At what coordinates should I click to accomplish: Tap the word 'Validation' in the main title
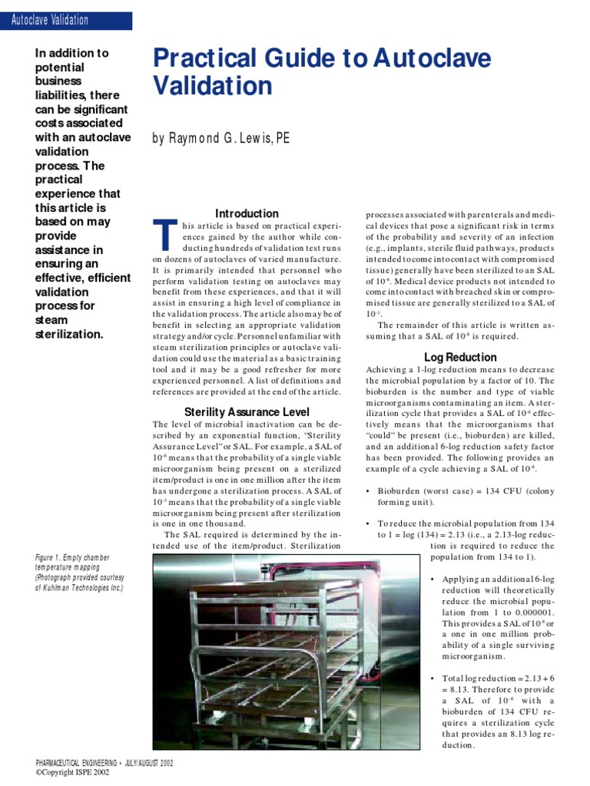tap(213, 87)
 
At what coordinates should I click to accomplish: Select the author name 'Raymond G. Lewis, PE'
tap(221, 138)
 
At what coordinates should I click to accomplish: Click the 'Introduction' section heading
tap(247, 213)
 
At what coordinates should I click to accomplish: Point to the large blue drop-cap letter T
tap(162, 235)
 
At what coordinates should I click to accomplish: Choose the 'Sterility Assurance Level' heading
tap(247, 412)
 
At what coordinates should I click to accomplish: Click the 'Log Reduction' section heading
tap(460, 357)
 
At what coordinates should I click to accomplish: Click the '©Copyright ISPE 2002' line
tap(72, 773)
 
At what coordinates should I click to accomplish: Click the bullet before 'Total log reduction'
tap(433, 679)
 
